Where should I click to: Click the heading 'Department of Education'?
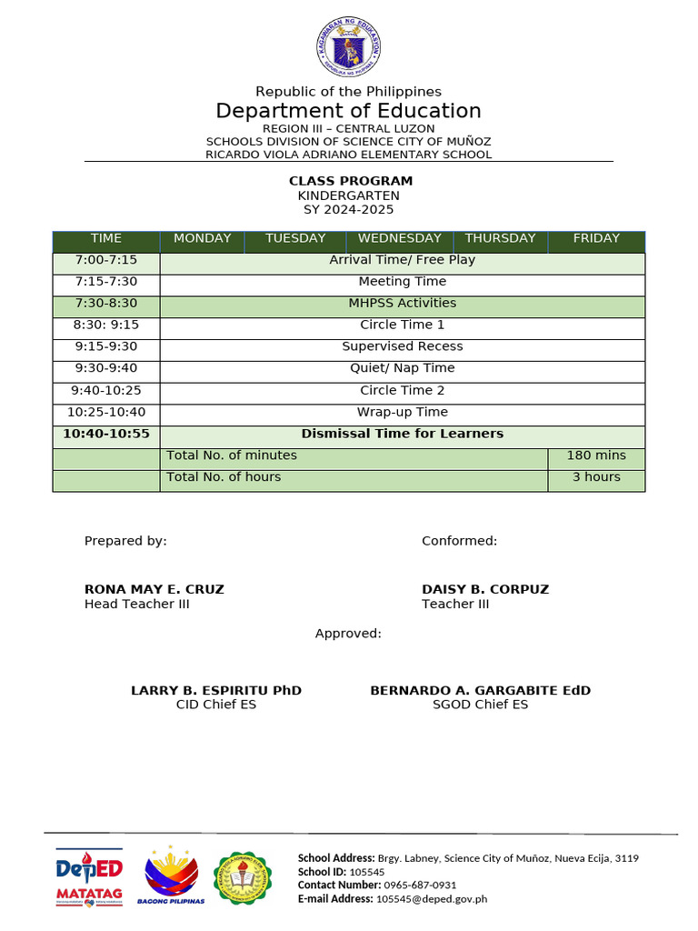pyautogui.click(x=348, y=111)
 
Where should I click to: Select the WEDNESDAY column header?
pyautogui.click(x=399, y=239)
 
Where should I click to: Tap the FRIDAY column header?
pyautogui.click(x=596, y=239)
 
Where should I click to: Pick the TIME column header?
pyautogui.click(x=106, y=239)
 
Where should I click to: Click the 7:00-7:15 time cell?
pyautogui.click(x=106, y=260)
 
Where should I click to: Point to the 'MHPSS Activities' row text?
pyautogui.click(x=403, y=304)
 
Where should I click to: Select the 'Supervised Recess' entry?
pyautogui.click(x=403, y=347)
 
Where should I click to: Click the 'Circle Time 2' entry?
pyautogui.click(x=403, y=390)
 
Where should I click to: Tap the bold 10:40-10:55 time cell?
pyautogui.click(x=106, y=434)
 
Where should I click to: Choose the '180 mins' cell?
pyautogui.click(x=596, y=455)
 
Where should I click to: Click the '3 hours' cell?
pyautogui.click(x=596, y=477)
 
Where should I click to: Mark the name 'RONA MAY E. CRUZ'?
pyautogui.click(x=155, y=589)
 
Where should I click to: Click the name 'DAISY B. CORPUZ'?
pyautogui.click(x=485, y=589)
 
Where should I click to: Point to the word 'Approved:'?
pyautogui.click(x=348, y=634)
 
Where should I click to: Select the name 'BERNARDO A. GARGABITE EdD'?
pyautogui.click(x=480, y=691)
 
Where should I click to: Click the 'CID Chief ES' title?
pyautogui.click(x=216, y=706)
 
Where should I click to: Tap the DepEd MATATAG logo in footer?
pyautogui.click(x=89, y=878)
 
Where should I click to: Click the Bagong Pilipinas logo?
pyautogui.click(x=171, y=876)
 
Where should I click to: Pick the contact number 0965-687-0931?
pyautogui.click(x=420, y=885)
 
